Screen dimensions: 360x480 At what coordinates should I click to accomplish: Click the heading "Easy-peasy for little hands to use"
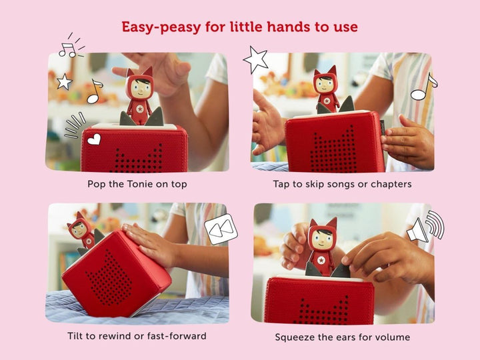coord(239,27)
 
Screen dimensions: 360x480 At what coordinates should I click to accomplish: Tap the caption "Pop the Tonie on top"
coord(137,183)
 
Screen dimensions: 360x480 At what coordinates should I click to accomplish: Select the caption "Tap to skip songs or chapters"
coord(342,183)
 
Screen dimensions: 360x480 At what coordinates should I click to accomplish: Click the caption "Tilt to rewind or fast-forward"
coord(137,336)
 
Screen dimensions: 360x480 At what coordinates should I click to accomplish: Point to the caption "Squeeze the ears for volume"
coord(342,337)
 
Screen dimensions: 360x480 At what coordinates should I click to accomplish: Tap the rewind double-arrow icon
coord(221,229)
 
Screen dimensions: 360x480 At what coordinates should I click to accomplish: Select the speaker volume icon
coord(425,227)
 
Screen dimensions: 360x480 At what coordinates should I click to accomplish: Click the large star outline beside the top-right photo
coord(255,60)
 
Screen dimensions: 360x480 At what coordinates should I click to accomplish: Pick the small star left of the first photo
coord(64,82)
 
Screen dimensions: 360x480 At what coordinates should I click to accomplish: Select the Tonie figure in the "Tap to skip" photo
coord(327,89)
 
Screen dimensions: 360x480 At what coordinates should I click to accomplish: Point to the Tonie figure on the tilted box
coord(81,231)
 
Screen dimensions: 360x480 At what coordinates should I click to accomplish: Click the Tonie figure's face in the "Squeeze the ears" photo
coord(321,239)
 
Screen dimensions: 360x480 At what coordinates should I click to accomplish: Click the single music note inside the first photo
coord(95,91)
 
